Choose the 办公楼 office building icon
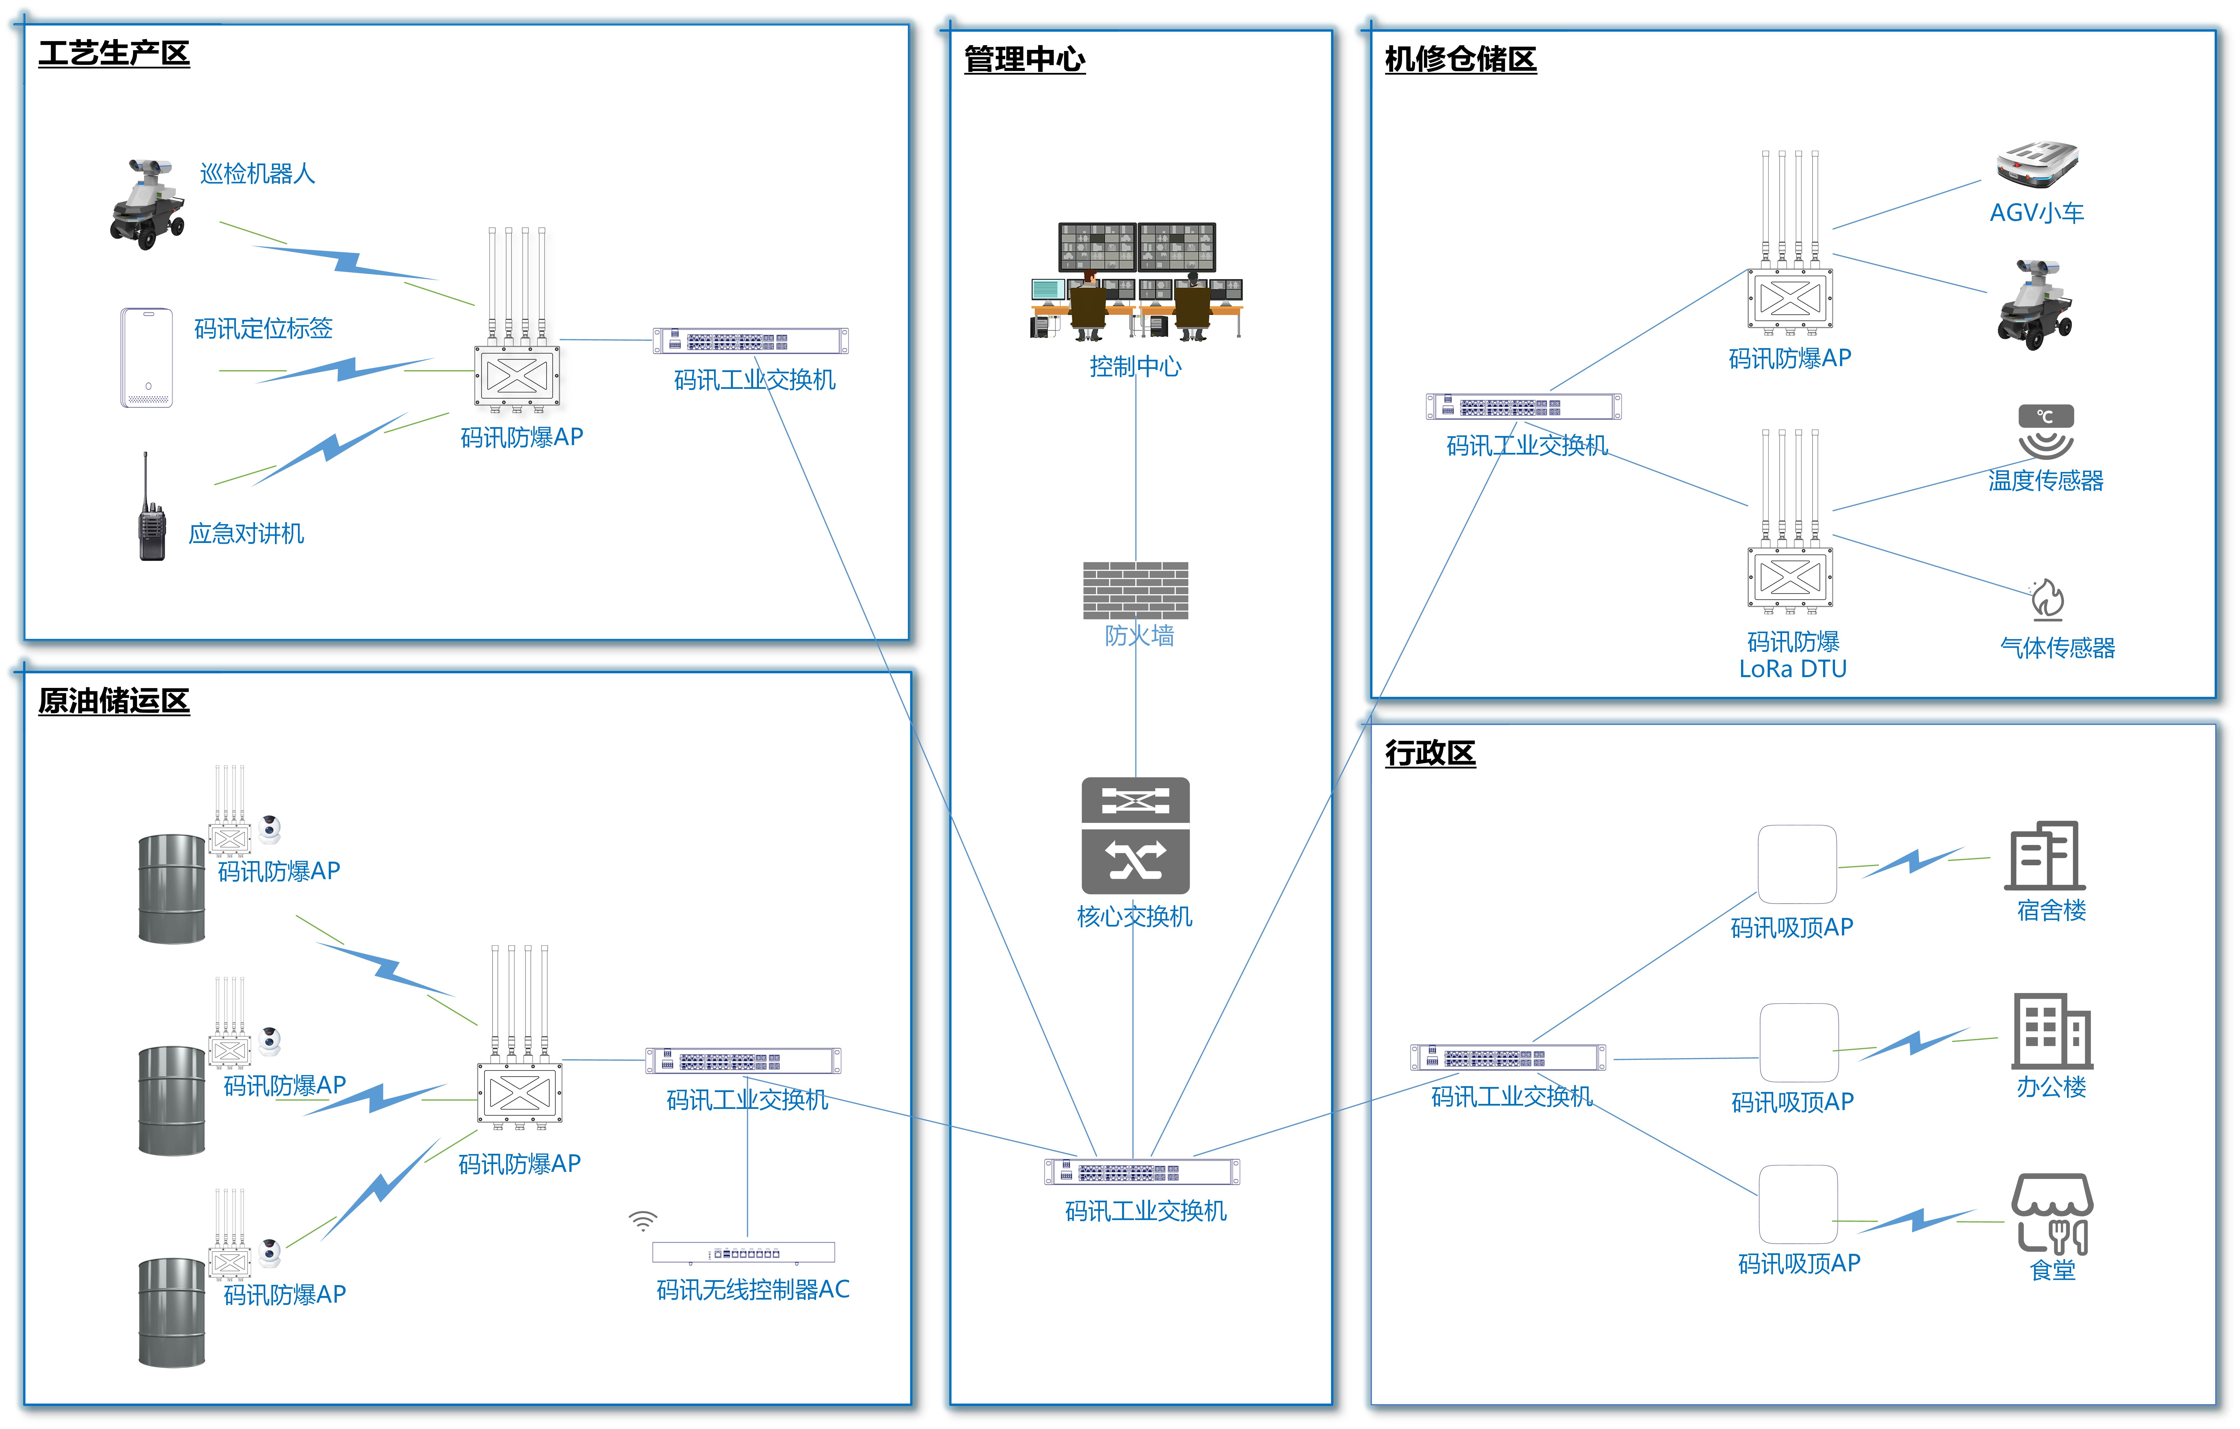pos(2052,1031)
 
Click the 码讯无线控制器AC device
pos(743,1252)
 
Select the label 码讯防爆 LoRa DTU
pos(1793,655)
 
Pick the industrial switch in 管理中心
pos(1142,1171)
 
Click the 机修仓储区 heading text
pos(1461,58)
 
